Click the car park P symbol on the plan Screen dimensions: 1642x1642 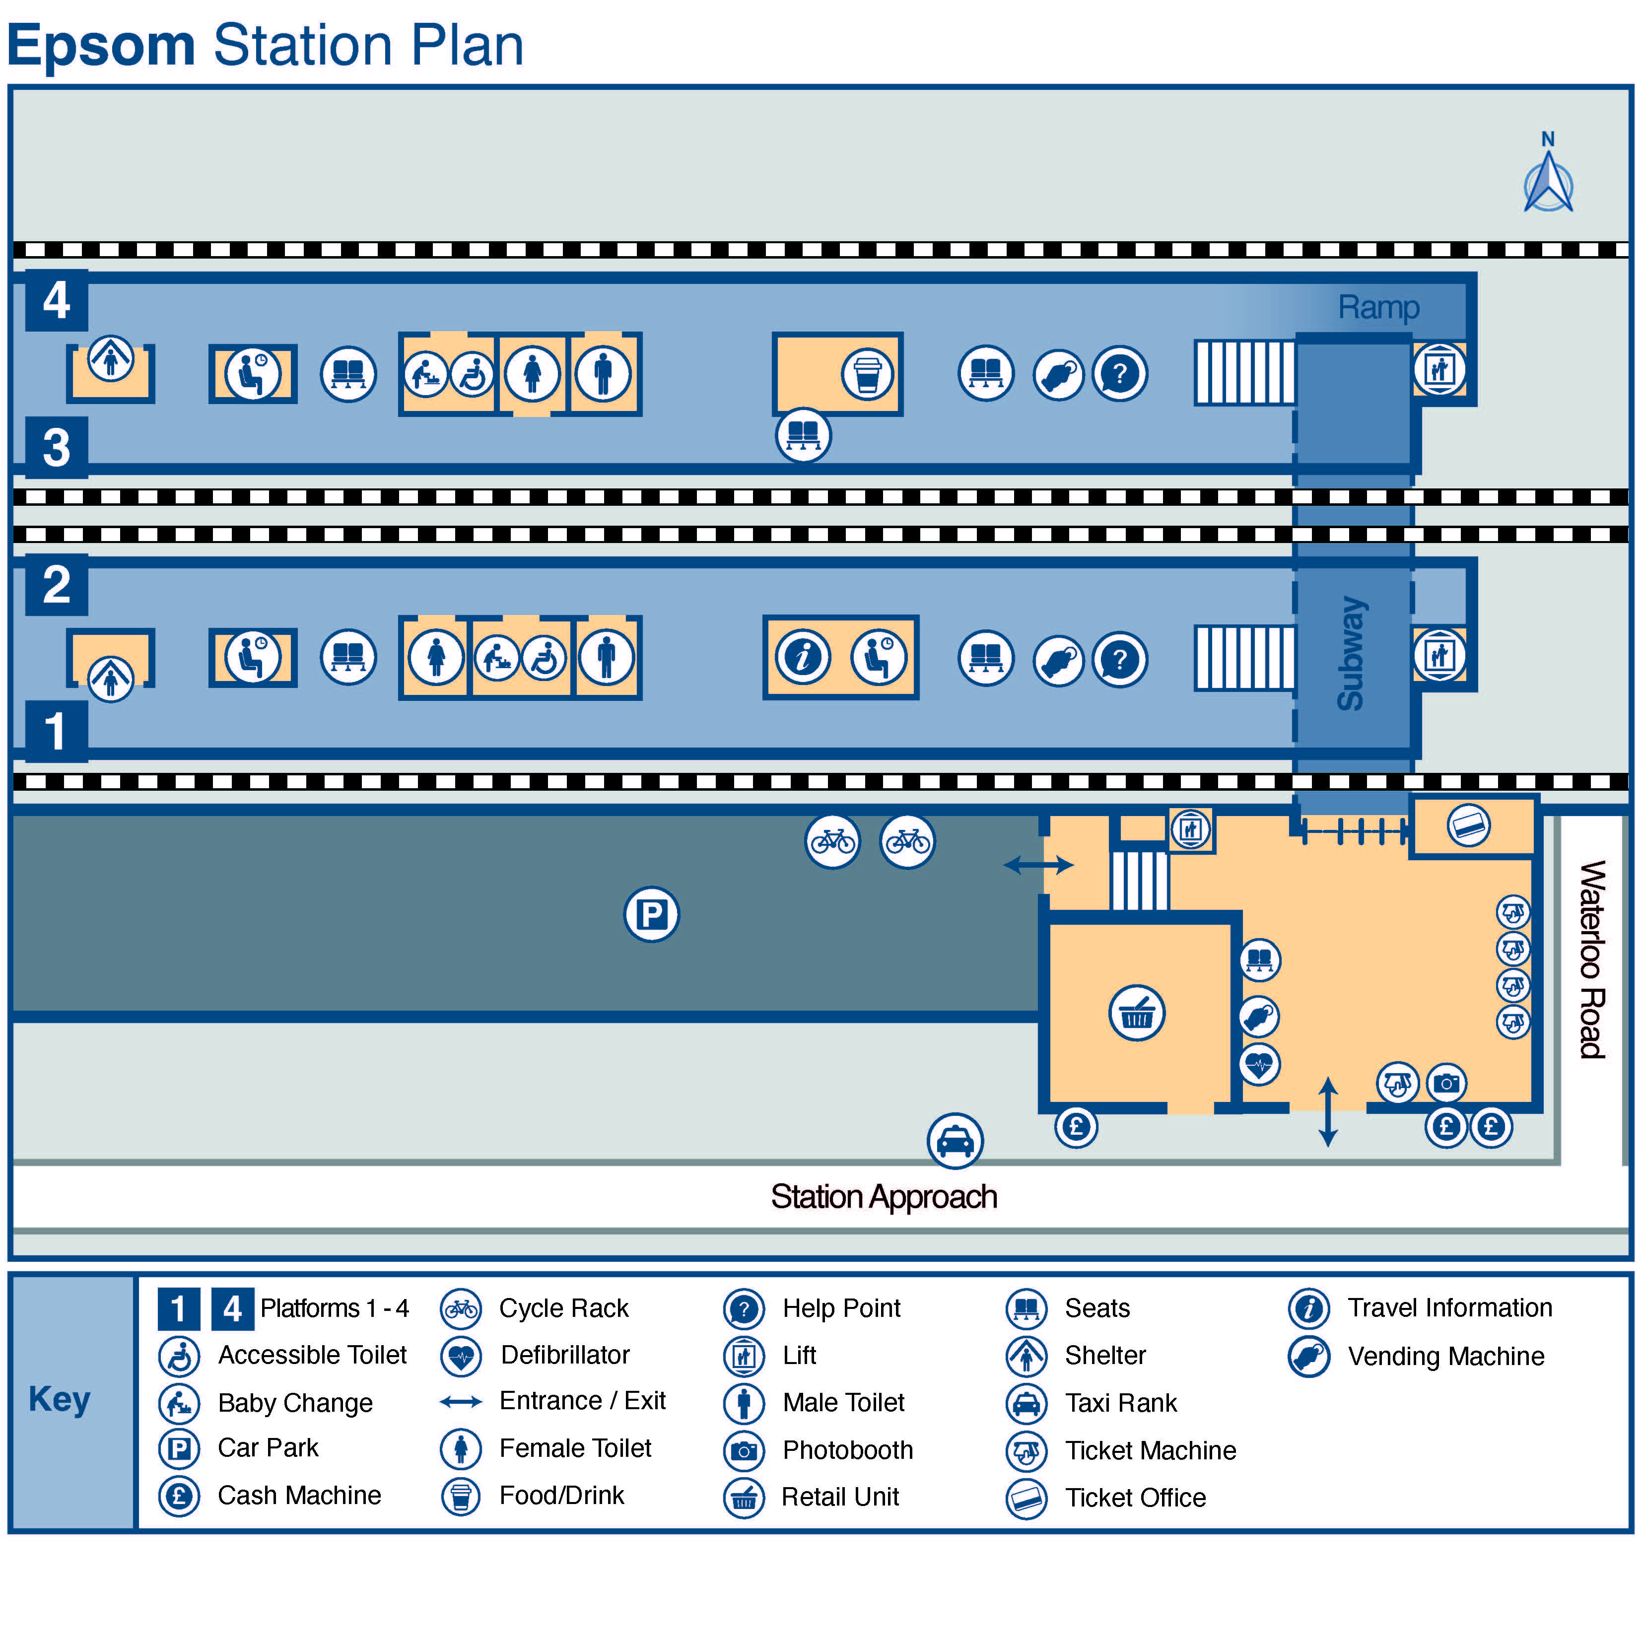[x=651, y=914]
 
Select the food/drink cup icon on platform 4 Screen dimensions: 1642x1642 [x=867, y=374]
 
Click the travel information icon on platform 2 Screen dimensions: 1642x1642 [x=802, y=657]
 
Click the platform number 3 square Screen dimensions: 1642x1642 [x=56, y=447]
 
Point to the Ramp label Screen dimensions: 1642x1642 [x=1378, y=307]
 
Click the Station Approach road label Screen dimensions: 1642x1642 [x=884, y=1197]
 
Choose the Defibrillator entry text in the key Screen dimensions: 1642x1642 [x=565, y=1355]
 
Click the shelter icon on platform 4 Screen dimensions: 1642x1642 [x=111, y=358]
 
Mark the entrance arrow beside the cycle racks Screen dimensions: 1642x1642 [x=1038, y=865]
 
